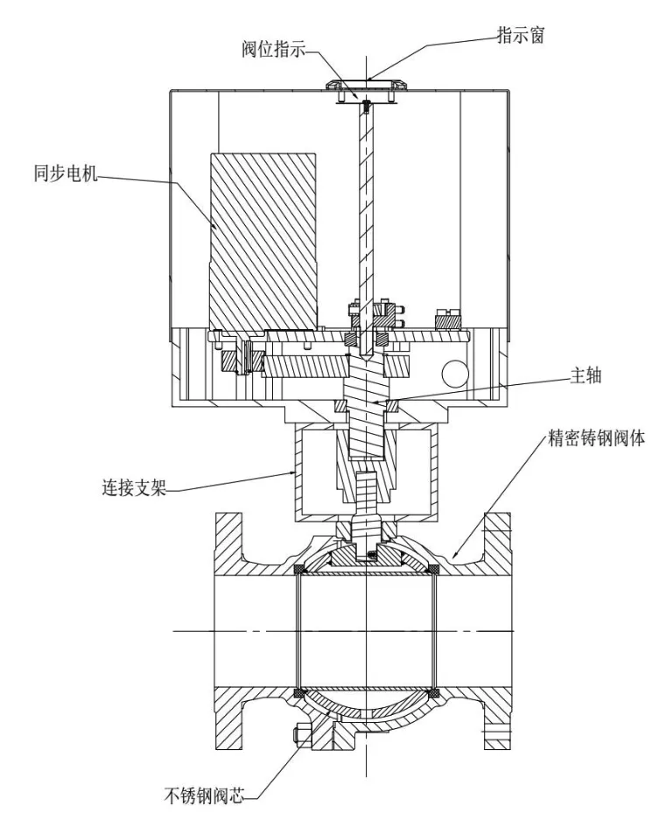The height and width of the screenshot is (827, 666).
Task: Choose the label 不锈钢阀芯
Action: (x=206, y=796)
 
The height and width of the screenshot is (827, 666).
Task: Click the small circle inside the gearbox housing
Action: (x=455, y=375)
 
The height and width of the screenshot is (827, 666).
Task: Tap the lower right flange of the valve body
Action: (x=497, y=718)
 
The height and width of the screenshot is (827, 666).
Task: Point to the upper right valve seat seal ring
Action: (x=433, y=570)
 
